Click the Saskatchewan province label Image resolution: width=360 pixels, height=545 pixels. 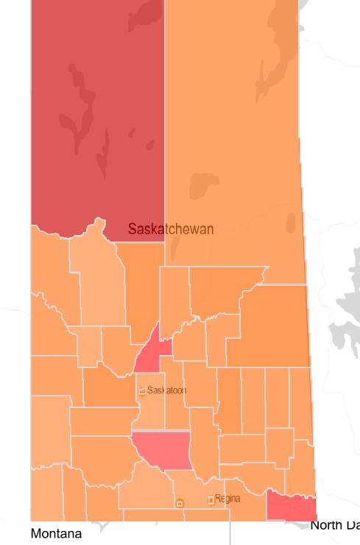(171, 229)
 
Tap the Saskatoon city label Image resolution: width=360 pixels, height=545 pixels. (166, 390)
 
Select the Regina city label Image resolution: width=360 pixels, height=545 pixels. (227, 499)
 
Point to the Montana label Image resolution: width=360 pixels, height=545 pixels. (56, 532)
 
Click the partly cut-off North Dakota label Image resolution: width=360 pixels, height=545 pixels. (335, 525)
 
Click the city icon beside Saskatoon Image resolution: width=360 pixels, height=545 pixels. (142, 391)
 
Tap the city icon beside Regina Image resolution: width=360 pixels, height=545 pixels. (211, 500)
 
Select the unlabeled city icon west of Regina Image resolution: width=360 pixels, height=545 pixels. (180, 503)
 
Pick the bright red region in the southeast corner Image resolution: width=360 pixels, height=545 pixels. (291, 506)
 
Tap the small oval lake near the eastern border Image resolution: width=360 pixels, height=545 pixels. (291, 222)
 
